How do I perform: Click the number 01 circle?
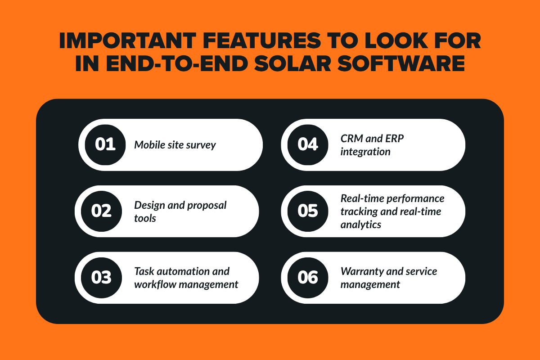coord(105,145)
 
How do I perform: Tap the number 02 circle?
coord(101,211)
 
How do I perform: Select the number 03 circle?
coord(101,278)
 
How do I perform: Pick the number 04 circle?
coord(308,145)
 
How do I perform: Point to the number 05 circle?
coord(308,211)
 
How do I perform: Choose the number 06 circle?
coord(308,278)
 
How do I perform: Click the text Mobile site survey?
coord(175,145)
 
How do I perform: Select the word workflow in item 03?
coord(155,284)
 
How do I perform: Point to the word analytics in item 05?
coord(361,224)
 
